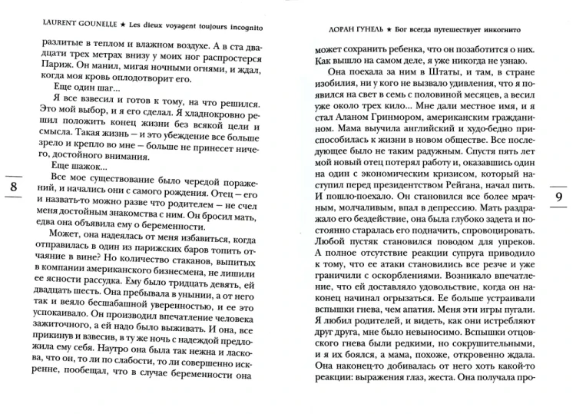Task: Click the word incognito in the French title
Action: click(254, 19)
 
